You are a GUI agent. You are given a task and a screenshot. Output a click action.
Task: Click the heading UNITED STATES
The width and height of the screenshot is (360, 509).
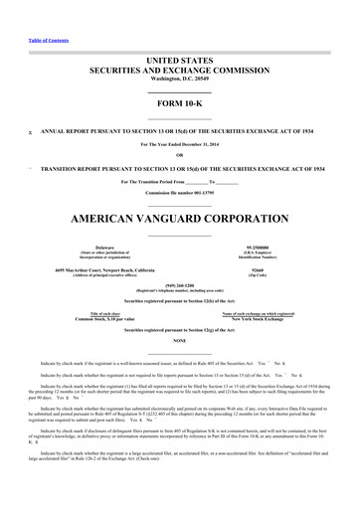(x=179, y=61)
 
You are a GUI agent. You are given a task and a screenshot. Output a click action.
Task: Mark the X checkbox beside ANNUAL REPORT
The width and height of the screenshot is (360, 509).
(x=31, y=130)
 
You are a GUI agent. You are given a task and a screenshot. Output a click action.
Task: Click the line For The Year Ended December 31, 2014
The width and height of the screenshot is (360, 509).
(x=179, y=142)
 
